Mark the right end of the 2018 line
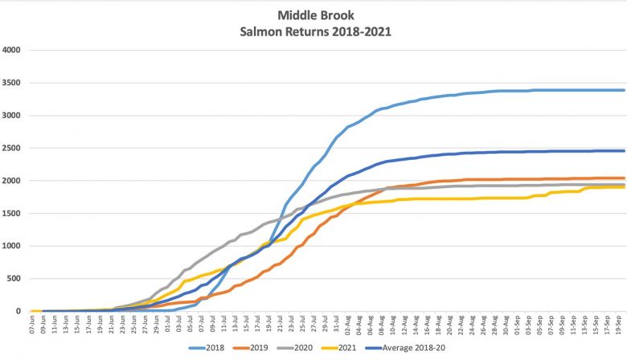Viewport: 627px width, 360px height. [x=625, y=90]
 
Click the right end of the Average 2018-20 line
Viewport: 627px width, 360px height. [x=625, y=151]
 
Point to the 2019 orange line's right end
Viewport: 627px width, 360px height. [x=625, y=178]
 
